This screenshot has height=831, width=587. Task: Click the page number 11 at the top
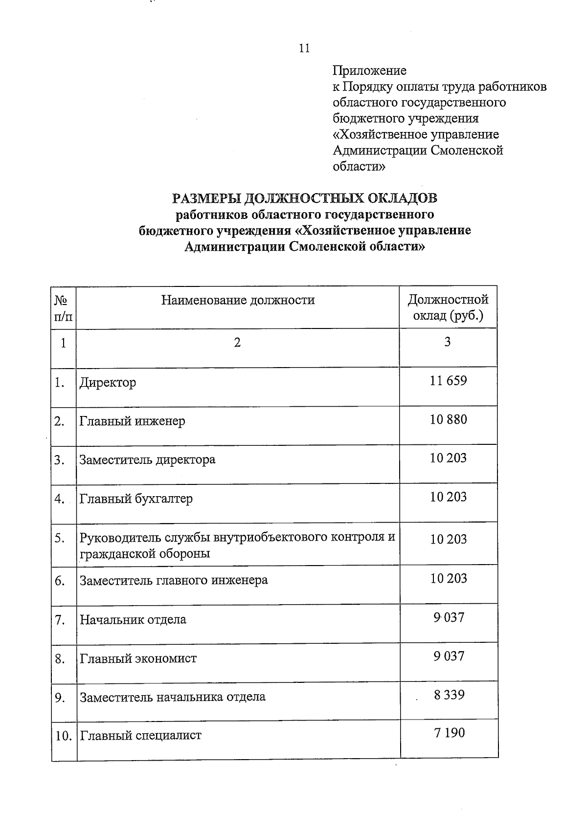tap(304, 48)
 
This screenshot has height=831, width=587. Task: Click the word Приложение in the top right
tap(369, 71)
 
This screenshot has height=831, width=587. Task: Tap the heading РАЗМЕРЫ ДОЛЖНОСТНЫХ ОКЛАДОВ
tap(305, 198)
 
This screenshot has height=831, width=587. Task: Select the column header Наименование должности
tap(238, 300)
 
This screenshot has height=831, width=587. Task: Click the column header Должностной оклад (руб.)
tap(448, 307)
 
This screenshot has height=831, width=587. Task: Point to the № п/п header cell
tap(63, 307)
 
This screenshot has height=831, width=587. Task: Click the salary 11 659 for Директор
tap(448, 380)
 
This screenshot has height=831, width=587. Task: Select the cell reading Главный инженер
tap(133, 421)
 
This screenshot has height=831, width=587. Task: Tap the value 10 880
tap(448, 419)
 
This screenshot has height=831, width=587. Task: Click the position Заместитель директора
tap(147, 460)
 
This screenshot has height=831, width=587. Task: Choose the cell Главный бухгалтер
tap(136, 499)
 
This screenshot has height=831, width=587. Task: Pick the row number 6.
tap(60, 581)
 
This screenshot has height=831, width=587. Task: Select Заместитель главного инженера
tap(174, 581)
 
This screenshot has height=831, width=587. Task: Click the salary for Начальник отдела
tap(448, 617)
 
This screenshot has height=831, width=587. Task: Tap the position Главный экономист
tap(138, 658)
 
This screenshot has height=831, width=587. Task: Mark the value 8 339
tap(449, 695)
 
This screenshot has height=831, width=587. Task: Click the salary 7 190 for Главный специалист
tap(449, 733)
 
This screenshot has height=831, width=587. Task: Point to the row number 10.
tap(63, 736)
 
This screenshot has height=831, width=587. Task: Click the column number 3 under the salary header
tap(447, 342)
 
